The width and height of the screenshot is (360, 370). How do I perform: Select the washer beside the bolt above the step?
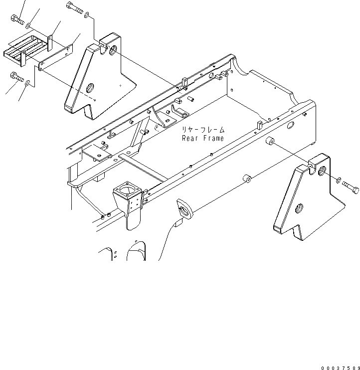click(x=28, y=25)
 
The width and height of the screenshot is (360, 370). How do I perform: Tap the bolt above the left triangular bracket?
click(x=73, y=7)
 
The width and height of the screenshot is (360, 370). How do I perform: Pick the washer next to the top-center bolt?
click(x=87, y=14)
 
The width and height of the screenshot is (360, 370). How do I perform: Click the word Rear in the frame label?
click(x=191, y=138)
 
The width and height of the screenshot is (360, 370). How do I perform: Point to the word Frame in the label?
click(x=213, y=138)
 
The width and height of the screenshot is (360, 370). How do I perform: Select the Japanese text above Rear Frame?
click(x=203, y=129)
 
